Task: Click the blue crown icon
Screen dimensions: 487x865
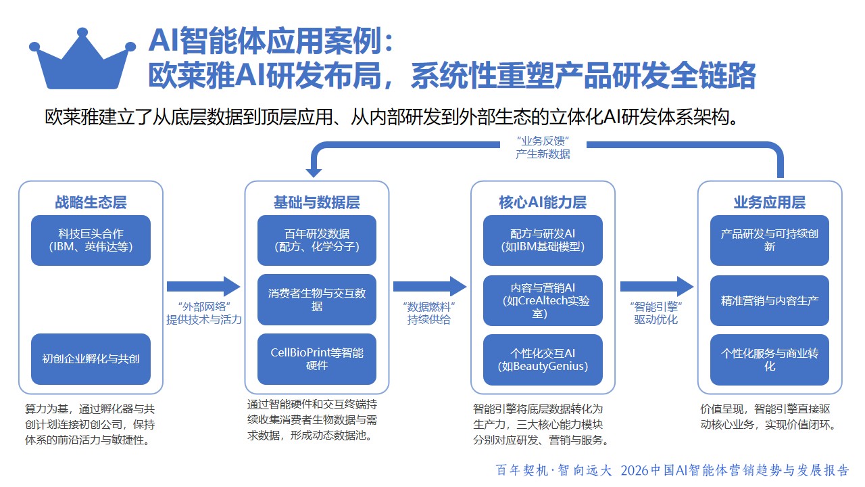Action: (83, 65)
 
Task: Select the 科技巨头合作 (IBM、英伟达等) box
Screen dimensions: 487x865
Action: (91, 240)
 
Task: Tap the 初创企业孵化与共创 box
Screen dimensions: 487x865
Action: (91, 358)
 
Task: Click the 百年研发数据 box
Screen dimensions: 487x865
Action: (317, 240)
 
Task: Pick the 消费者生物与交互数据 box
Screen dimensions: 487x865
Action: (317, 300)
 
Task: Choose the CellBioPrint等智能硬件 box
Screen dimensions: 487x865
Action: (317, 358)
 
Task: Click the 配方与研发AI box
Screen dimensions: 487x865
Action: (543, 240)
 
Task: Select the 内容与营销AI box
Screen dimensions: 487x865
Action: (543, 300)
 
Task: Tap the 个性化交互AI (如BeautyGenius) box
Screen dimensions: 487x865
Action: (543, 358)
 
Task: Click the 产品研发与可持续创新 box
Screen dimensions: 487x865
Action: (769, 240)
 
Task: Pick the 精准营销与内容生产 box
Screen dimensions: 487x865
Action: (769, 300)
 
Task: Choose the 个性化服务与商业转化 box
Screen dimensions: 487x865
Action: (769, 358)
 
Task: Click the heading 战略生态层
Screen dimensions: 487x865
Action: (91, 202)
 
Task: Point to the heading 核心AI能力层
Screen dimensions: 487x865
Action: (543, 202)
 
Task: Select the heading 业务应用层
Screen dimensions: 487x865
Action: (769, 202)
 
